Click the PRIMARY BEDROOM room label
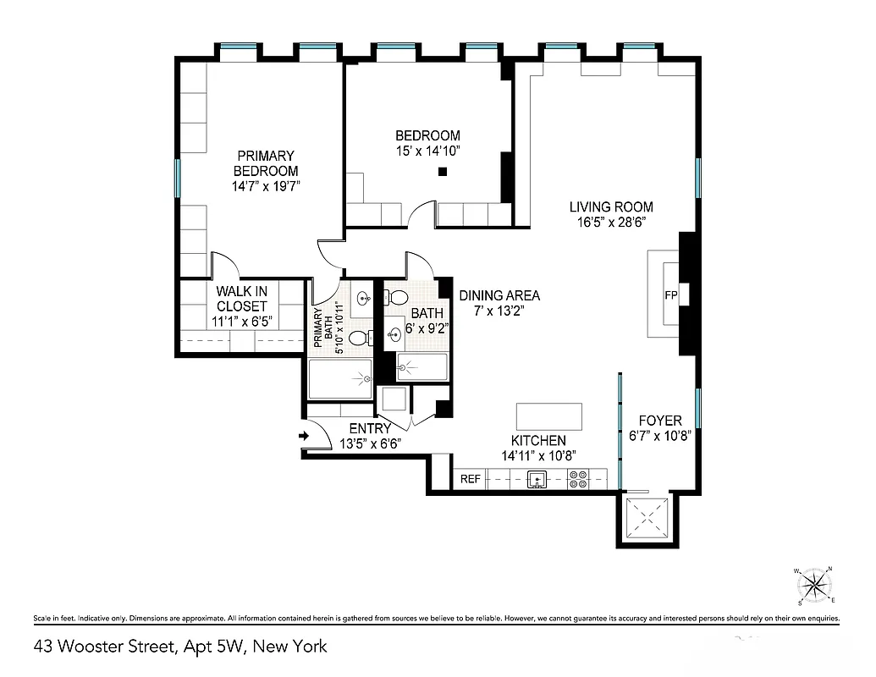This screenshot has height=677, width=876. pos(266,163)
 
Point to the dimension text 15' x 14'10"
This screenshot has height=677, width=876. pos(427,151)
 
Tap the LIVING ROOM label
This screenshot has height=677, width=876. pos(610,206)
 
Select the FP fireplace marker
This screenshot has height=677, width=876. pos(672,295)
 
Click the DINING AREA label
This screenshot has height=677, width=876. pos(499,295)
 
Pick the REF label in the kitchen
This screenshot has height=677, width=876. pos(471,479)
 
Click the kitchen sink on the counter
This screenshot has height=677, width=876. pos(537,480)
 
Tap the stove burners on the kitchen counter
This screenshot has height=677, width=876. pos(579,480)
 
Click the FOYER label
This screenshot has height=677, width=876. pos(659,421)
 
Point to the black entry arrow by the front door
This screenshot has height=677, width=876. pos(305,437)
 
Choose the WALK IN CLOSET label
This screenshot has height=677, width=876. pos(242,299)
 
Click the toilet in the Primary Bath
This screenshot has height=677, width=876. pos(359,338)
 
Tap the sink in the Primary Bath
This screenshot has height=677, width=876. pos(364,298)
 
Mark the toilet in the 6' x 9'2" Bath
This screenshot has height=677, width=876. pos(395,298)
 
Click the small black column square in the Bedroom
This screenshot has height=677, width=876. pos(442,173)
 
